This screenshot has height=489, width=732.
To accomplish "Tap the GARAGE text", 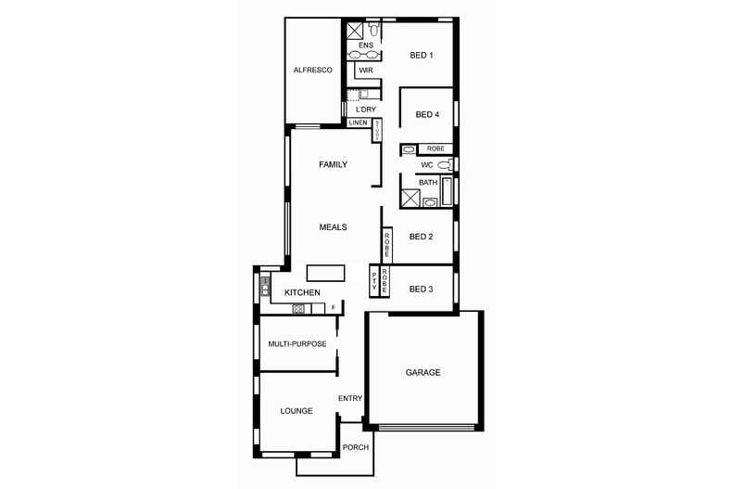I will point(423,372).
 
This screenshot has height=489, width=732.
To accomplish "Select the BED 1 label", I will point(422,56).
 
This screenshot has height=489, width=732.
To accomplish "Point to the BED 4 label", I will point(427,115).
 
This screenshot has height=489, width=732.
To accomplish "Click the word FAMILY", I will point(333,165).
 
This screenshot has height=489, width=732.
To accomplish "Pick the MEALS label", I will point(333,226).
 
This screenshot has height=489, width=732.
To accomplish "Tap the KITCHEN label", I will point(302,293).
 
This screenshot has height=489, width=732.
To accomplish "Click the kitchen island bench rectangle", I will point(326,272).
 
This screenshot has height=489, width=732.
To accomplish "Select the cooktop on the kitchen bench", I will point(299,307).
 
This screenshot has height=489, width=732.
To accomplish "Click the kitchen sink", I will point(264,286).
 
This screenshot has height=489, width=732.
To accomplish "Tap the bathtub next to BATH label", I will point(448,190).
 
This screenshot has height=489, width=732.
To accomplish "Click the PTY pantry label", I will point(374,282).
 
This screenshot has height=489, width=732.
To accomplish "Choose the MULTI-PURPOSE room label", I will point(297,344).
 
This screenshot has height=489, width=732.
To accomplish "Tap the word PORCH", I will point(356,447).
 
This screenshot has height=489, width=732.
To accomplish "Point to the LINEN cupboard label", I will point(359,122).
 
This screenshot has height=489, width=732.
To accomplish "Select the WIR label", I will point(365,71).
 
